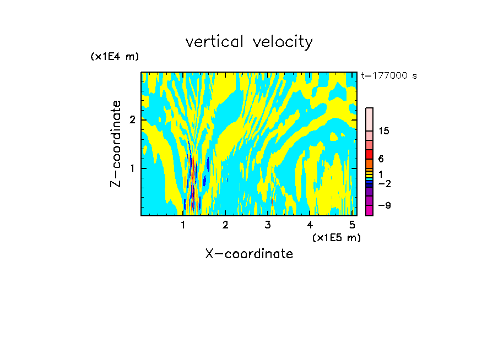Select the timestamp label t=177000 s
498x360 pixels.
point(388,76)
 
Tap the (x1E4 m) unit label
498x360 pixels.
point(115,57)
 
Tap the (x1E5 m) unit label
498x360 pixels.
point(336,237)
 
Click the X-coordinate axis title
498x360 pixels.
point(249,254)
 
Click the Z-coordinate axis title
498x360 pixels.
point(116,144)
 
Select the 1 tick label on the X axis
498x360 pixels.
point(183,225)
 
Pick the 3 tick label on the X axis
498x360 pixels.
point(268,225)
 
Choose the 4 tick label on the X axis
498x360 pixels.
point(310,225)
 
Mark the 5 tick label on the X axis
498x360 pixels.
point(352,225)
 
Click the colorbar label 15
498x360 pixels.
point(384,131)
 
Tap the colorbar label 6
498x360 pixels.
point(381,159)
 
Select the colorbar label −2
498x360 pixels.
point(384,183)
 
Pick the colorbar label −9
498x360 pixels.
point(384,205)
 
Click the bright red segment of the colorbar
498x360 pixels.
point(370,154)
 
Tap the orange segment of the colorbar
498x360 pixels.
point(370,163)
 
